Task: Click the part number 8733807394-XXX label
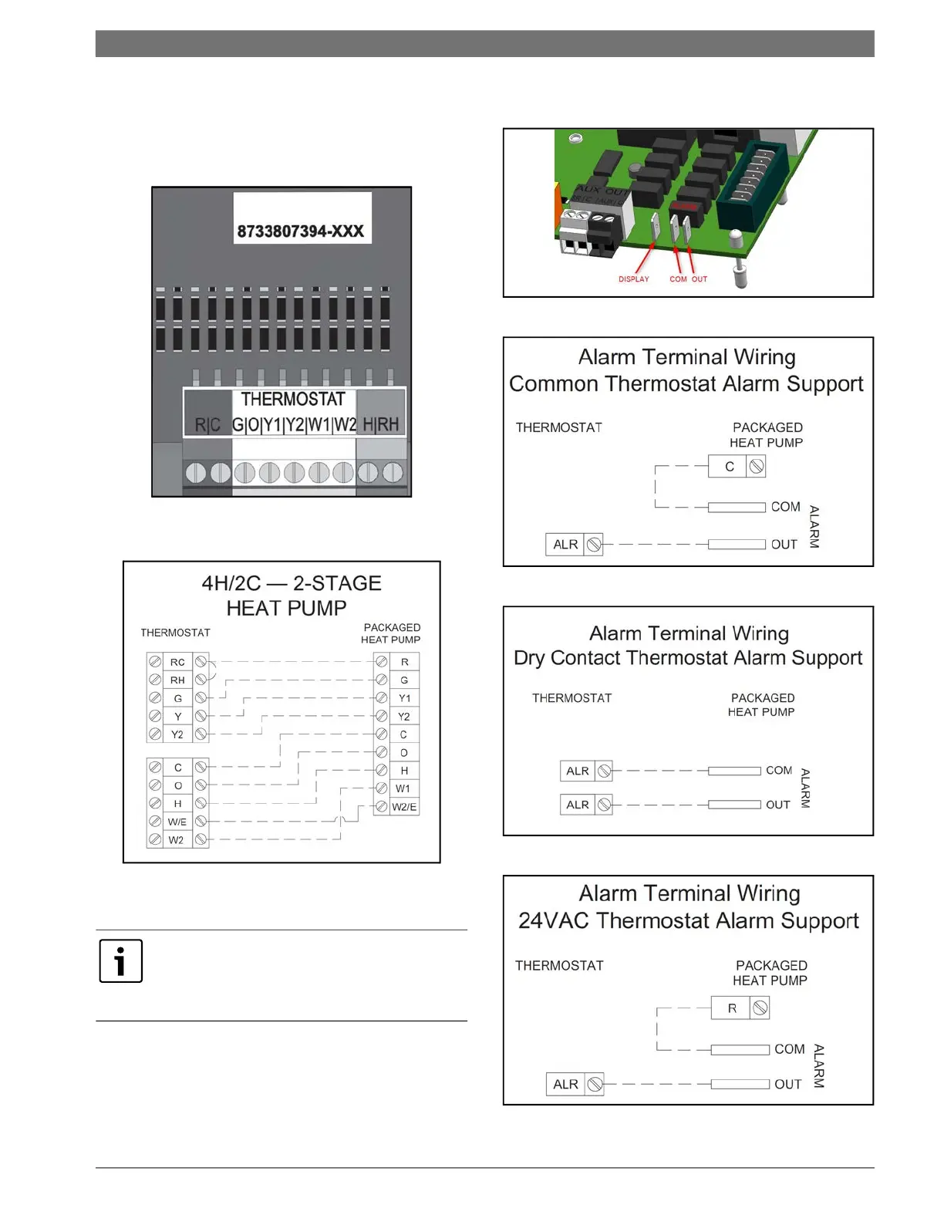pos(301,231)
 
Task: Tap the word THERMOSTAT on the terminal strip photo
pos(293,399)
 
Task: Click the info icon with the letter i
pos(121,961)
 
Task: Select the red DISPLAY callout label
pos(634,279)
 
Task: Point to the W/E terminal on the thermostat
pos(177,822)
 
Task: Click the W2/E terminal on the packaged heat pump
pos(404,807)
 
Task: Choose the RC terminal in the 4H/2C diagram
pos(177,662)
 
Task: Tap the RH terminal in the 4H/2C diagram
pos(177,680)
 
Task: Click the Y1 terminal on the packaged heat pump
pos(404,698)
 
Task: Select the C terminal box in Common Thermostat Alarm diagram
pos(730,467)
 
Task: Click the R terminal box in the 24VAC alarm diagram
pos(732,1008)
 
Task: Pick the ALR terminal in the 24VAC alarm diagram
pos(565,1084)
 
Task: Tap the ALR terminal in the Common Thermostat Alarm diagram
pos(565,545)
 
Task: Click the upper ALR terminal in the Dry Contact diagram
pos(578,771)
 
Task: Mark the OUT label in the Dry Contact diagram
pos(777,805)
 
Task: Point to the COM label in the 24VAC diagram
pos(789,1049)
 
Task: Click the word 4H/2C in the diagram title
pos(231,583)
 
